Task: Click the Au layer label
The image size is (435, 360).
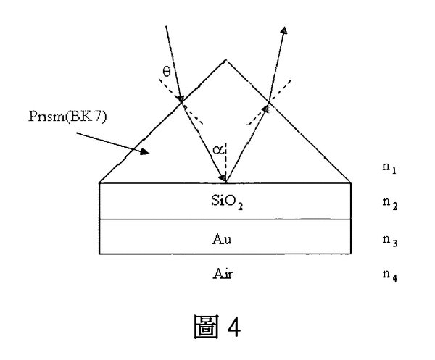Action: (225, 237)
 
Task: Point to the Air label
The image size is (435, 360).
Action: (225, 274)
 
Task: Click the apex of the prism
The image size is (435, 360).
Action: (225, 61)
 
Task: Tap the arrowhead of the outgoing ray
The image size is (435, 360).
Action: (285, 30)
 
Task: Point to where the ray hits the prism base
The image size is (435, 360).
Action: (225, 181)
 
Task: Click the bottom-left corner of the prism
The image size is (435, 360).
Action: (99, 182)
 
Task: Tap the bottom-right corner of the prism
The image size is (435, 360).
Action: (351, 182)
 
